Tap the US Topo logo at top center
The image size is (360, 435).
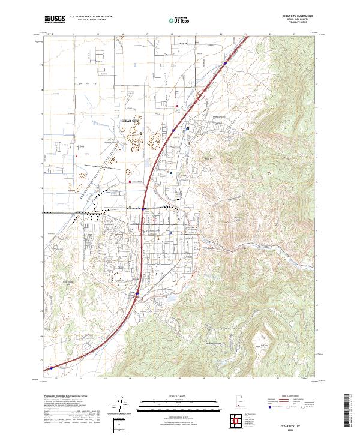[x=179, y=20]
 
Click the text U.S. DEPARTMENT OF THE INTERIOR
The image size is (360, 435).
[x=91, y=17]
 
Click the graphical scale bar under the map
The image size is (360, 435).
[x=179, y=403]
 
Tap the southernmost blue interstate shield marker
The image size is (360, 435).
[x=51, y=368]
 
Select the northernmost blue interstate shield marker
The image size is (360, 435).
[x=225, y=62]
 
